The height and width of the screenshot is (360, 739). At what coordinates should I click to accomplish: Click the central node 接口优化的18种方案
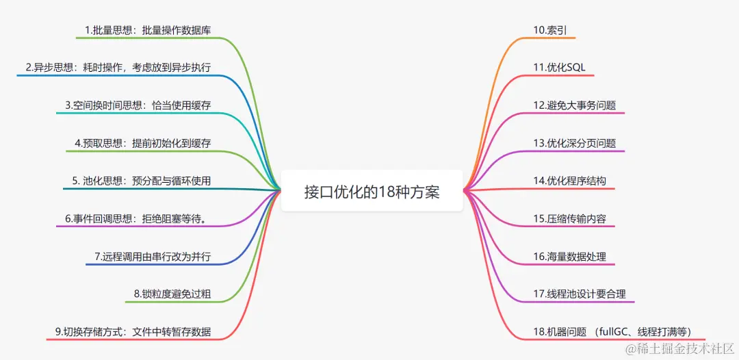pyautogui.click(x=372, y=192)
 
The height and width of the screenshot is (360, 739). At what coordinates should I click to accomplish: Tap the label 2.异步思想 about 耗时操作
pyautogui.click(x=118, y=67)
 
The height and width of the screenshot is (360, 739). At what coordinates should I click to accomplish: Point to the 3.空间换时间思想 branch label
pyautogui.click(x=138, y=105)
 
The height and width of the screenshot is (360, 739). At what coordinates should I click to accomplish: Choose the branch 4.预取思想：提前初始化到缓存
pyautogui.click(x=143, y=143)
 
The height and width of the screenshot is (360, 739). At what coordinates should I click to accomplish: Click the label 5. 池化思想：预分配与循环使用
pyautogui.click(x=142, y=181)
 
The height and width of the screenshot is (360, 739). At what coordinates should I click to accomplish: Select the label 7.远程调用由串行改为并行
pyautogui.click(x=153, y=257)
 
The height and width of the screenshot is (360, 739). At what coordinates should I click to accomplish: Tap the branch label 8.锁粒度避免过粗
pyautogui.click(x=172, y=294)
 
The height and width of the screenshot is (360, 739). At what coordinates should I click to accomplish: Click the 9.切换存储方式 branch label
pyautogui.click(x=133, y=332)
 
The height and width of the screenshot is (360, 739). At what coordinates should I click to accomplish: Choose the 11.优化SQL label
pyautogui.click(x=560, y=67)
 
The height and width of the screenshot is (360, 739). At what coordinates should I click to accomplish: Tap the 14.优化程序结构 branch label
pyautogui.click(x=569, y=181)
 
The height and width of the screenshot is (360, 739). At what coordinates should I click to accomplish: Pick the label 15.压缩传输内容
pyautogui.click(x=569, y=219)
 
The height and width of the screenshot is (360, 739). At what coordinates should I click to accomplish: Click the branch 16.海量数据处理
pyautogui.click(x=569, y=257)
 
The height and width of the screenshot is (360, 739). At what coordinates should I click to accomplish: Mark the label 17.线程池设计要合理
pyautogui.click(x=579, y=294)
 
